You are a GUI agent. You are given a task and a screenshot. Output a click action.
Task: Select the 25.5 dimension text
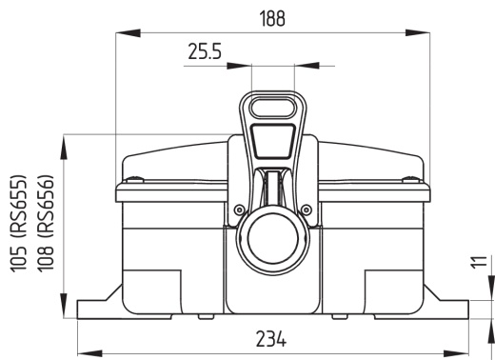coord(205,53)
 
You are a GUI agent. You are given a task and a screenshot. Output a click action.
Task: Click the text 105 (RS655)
coord(19,222)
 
